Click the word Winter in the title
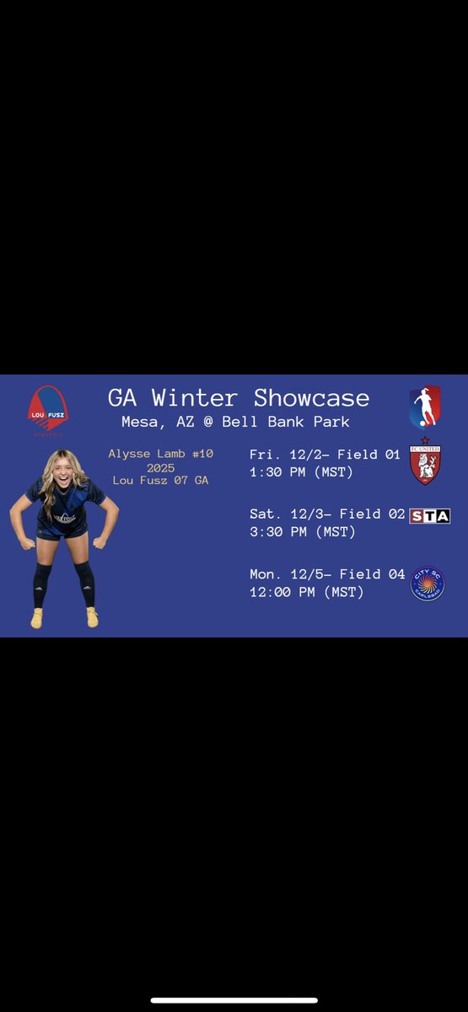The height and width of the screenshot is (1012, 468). (202, 397)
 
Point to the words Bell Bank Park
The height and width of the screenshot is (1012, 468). (285, 421)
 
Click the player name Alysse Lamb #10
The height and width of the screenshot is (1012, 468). (160, 454)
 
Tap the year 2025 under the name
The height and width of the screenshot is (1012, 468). (160, 467)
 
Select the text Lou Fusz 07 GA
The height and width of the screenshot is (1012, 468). (160, 480)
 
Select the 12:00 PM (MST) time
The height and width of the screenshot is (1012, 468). (306, 592)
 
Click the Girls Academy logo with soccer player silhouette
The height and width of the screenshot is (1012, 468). (424, 407)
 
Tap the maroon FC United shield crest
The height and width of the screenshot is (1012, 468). (425, 463)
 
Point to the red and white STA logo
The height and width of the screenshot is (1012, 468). (429, 515)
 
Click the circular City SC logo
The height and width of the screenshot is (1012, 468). (427, 584)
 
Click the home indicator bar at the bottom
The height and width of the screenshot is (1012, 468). (234, 1000)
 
